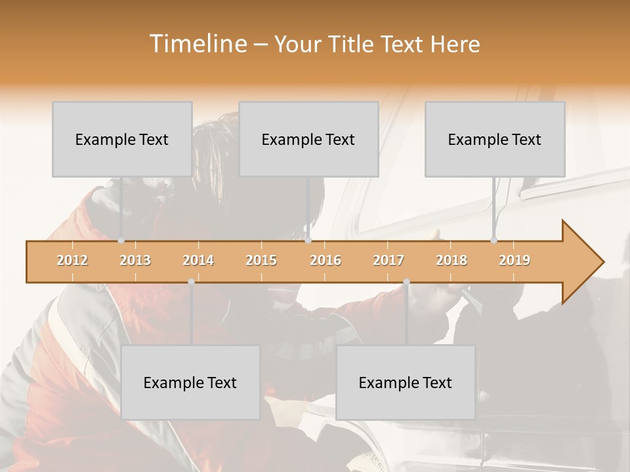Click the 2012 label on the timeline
pos(72,261)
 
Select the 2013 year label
pos(135,261)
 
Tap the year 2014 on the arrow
pos(198,261)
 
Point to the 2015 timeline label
pos(261,261)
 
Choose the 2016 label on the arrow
pos(325,261)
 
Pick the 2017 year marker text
pos(388,261)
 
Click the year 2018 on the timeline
pos(451,261)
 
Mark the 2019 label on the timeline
pos(514,261)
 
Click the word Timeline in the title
pos(197,44)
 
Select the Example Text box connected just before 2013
pos(122,139)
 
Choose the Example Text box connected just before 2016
pos(308,139)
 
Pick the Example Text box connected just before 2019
pos(495,139)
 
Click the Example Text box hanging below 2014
pos(190,382)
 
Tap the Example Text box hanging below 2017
pos(406,382)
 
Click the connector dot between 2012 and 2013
pos(121,241)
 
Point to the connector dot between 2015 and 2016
pos(308,241)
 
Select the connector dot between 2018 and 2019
pos(494,241)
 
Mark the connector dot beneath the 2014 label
pos(191,282)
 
